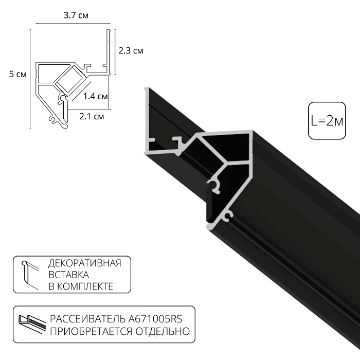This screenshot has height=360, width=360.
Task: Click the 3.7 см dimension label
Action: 76,15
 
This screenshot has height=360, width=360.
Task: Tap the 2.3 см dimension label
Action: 131,50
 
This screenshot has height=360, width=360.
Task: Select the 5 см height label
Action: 18,75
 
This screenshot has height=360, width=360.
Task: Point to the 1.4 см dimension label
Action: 95,96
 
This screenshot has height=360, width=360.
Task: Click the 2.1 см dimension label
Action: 92,117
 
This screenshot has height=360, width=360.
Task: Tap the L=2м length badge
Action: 327,121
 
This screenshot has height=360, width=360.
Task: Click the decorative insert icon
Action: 29,275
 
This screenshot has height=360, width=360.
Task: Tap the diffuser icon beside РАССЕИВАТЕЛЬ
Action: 31,325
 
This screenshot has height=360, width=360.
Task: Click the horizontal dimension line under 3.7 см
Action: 73,24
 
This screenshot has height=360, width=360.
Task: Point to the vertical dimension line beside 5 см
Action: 30,77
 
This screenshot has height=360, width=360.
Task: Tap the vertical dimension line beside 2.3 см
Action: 114,51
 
